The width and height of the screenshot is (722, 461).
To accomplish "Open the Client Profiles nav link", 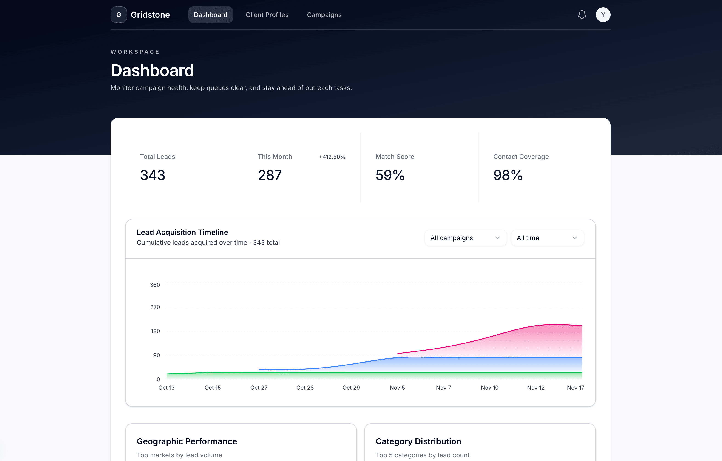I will pyautogui.click(x=267, y=15).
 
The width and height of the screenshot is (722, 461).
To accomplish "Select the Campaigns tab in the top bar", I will pyautogui.click(x=324, y=15).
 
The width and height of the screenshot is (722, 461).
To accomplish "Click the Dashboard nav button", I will pyautogui.click(x=210, y=15).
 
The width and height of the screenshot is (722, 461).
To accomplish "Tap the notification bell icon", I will pyautogui.click(x=582, y=15).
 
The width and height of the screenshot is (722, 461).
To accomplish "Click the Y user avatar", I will pyautogui.click(x=603, y=15).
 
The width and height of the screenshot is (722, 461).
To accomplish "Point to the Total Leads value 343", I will pyautogui.click(x=153, y=175).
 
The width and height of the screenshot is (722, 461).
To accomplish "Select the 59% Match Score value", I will pyautogui.click(x=390, y=175).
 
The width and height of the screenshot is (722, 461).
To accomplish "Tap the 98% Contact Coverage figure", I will pyautogui.click(x=508, y=175).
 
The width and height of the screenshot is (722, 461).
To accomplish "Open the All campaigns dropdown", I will pyautogui.click(x=465, y=238).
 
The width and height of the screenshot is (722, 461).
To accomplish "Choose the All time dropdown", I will pyautogui.click(x=547, y=238).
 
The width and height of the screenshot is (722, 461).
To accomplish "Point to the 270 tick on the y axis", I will pyautogui.click(x=155, y=307).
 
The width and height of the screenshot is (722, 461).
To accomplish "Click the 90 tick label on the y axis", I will pyautogui.click(x=156, y=355).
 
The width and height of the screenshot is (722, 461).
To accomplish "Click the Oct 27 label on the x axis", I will pyautogui.click(x=259, y=388).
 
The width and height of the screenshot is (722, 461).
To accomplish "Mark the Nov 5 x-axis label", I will pyautogui.click(x=397, y=388).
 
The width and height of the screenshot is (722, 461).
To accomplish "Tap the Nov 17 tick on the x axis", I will pyautogui.click(x=575, y=388).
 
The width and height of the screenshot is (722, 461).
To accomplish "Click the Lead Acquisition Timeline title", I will pyautogui.click(x=182, y=232).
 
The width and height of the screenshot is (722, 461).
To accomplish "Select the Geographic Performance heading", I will pyautogui.click(x=187, y=441).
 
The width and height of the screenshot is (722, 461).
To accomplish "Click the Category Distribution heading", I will pyautogui.click(x=418, y=441).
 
